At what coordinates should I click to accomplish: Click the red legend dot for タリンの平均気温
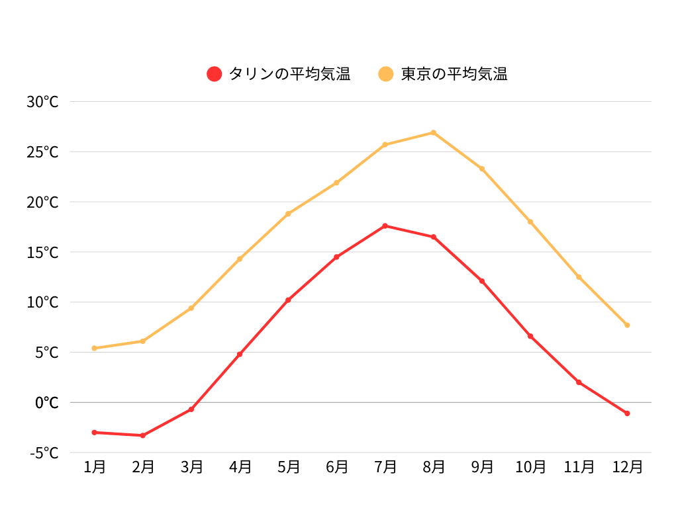(214, 74)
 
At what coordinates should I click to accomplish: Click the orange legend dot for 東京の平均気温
(385, 74)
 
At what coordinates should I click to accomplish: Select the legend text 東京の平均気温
(454, 74)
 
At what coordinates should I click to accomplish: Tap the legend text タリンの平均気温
(289, 74)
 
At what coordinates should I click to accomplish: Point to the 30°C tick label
(43, 102)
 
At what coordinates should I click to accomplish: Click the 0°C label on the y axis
(46, 403)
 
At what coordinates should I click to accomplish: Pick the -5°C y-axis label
(44, 453)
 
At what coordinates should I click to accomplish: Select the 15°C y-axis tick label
(43, 253)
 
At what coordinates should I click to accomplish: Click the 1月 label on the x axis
(95, 467)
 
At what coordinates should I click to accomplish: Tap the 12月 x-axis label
(627, 467)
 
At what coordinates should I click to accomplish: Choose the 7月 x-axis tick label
(385, 467)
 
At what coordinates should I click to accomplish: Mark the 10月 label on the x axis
(530, 467)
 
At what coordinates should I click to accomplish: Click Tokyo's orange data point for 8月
(434, 133)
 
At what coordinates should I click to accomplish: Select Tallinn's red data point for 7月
(385, 226)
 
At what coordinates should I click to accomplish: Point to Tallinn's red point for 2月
(143, 435)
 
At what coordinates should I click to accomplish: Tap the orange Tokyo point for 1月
(95, 348)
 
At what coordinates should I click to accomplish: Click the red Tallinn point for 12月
(627, 413)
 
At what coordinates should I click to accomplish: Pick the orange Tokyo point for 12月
(627, 325)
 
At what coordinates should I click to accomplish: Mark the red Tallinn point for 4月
(240, 355)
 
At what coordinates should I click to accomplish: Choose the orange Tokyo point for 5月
(288, 214)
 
